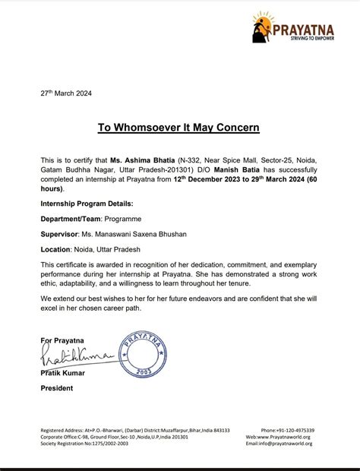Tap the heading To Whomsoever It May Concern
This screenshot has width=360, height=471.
pos(179,128)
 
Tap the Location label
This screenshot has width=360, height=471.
pos(55,248)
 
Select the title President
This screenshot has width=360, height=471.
pos(57,388)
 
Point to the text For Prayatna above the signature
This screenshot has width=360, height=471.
pos(63,340)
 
